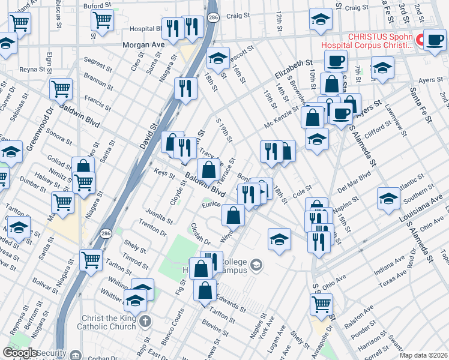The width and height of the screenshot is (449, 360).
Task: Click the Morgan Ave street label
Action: coord(143,45)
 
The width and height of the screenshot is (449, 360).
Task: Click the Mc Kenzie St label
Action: coord(282,118)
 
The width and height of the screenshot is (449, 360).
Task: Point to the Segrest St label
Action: coord(94,62)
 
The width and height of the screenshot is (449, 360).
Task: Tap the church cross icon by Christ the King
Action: coord(145,322)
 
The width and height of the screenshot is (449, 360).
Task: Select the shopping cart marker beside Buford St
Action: coord(102,20)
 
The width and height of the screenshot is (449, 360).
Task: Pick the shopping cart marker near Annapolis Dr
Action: coord(322,305)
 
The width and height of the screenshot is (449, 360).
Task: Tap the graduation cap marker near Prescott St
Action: coord(218,59)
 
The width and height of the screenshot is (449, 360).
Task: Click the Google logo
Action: coord(20,353)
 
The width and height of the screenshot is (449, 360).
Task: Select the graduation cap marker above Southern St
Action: coord(388,199)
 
